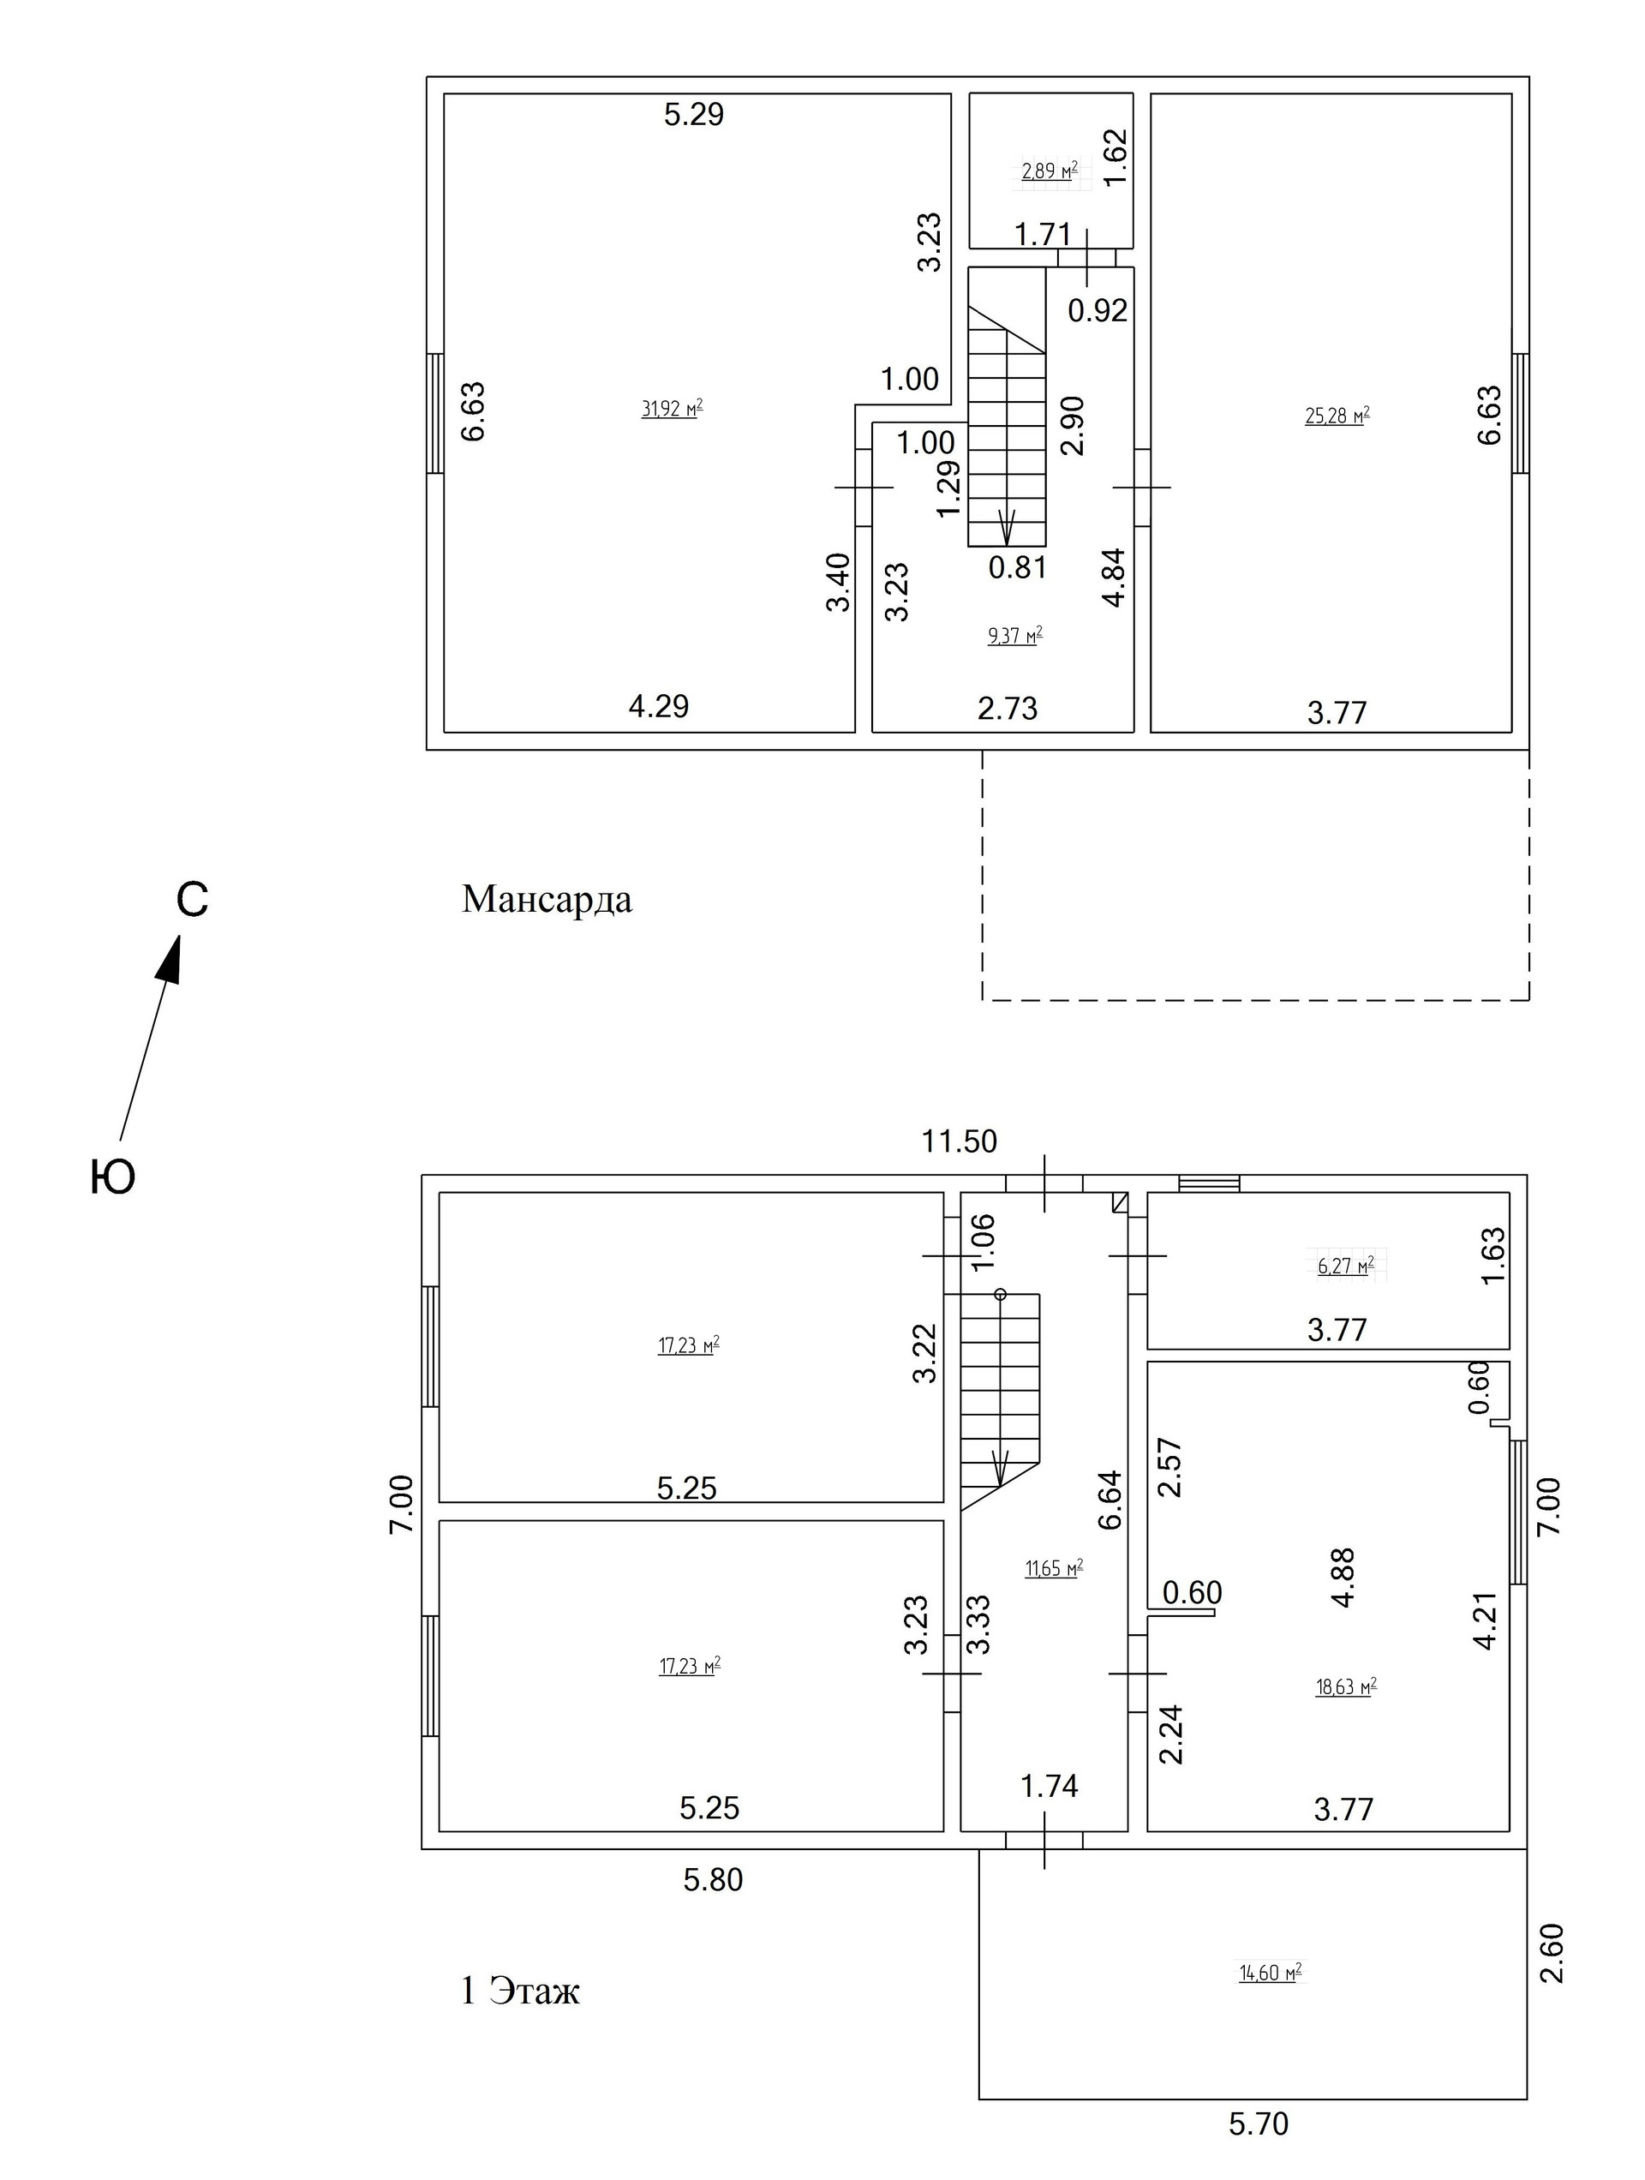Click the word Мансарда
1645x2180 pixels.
click(x=547, y=900)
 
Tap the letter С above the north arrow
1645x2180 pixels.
click(x=192, y=899)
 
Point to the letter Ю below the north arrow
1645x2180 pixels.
click(x=112, y=1177)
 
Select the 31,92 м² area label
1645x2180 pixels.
click(x=673, y=409)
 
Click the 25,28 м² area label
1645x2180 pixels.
click(x=1337, y=416)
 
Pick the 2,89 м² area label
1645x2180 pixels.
click(x=1050, y=171)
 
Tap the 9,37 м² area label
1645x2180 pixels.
click(x=1015, y=636)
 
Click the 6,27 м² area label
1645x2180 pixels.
click(x=1345, y=1266)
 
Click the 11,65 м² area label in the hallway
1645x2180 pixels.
click(x=1054, y=1568)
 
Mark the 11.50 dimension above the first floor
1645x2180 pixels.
click(x=959, y=1141)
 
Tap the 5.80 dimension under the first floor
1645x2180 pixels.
click(x=713, y=1879)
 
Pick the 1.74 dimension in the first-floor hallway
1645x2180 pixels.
click(x=1050, y=1786)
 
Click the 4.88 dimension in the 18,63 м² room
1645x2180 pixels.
click(x=1343, y=1578)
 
